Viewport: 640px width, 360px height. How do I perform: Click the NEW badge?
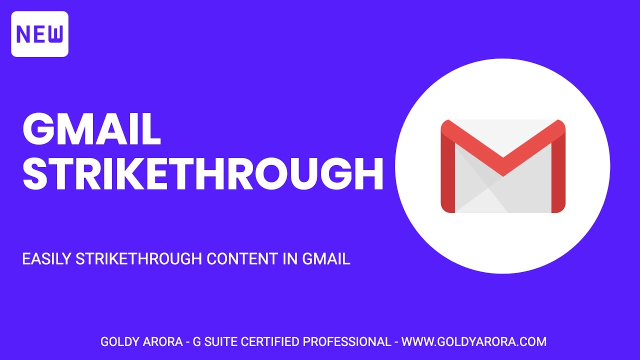(x=39, y=34)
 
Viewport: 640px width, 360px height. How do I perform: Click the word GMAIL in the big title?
(x=91, y=129)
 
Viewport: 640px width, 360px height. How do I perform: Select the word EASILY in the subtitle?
(x=46, y=259)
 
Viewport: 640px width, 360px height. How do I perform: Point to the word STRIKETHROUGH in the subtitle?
(x=139, y=259)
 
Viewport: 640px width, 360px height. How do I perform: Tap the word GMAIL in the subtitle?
(x=326, y=259)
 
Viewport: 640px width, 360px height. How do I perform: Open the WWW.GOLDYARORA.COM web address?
(x=474, y=342)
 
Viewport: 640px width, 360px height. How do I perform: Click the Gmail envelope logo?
(x=502, y=166)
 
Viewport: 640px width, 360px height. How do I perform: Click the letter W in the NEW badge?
(x=55, y=34)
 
